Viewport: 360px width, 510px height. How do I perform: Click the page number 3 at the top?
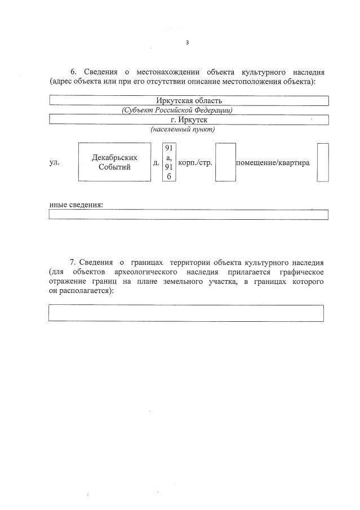pos(188,42)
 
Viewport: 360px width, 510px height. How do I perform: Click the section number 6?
pos(73,72)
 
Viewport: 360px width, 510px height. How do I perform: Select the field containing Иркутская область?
pos(189,101)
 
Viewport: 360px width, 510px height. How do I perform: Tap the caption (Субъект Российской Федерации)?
pos(177,110)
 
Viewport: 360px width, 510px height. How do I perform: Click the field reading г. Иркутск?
pos(189,119)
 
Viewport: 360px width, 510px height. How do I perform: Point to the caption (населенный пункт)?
pos(183,129)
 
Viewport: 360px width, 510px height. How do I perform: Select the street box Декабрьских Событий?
pos(114,162)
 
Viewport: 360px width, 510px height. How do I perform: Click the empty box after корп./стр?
pos(225,162)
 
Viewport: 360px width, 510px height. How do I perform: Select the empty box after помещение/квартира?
pos(322,162)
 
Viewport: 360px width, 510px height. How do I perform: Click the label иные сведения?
pos(76,204)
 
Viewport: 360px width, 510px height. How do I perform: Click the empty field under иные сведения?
pos(189,215)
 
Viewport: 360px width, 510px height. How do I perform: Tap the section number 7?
pos(73,263)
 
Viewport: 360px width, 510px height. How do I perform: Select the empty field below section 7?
pos(186,313)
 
